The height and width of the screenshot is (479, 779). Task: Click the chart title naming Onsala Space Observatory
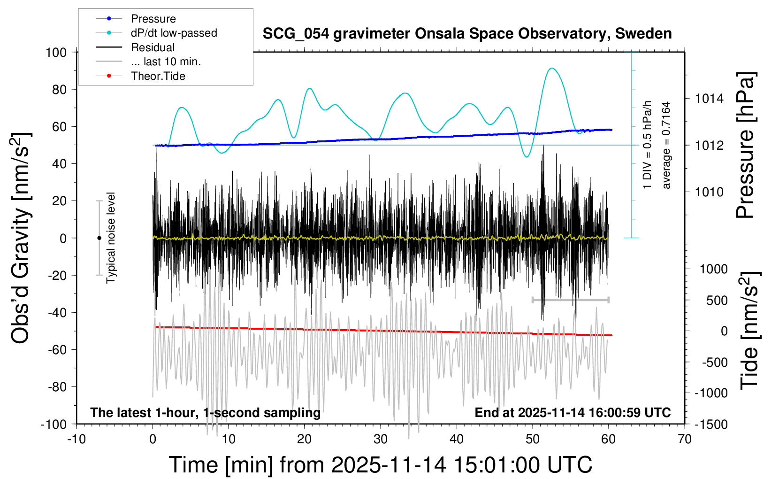[467, 34]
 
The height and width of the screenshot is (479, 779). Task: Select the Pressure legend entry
[153, 19]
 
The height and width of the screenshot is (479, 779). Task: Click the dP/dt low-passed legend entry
[174, 33]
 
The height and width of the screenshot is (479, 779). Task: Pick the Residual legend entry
[153, 47]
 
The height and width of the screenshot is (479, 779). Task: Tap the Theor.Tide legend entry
[158, 76]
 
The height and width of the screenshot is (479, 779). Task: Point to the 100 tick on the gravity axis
[56, 52]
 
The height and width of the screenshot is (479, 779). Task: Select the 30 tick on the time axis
[380, 440]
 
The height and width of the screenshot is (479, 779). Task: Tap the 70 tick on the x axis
[684, 440]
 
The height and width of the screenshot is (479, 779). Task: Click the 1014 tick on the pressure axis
[709, 99]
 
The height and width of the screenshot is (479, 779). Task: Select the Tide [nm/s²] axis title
[750, 331]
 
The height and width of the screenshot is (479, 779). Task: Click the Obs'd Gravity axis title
[21, 238]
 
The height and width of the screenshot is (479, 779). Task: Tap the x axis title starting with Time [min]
[380, 465]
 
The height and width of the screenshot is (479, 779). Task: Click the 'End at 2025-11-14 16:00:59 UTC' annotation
[573, 413]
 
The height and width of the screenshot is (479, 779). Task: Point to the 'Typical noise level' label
[111, 238]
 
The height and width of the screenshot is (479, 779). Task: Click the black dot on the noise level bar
[99, 238]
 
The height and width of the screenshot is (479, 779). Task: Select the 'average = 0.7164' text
[666, 146]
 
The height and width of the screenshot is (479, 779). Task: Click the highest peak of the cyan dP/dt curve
[552, 69]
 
